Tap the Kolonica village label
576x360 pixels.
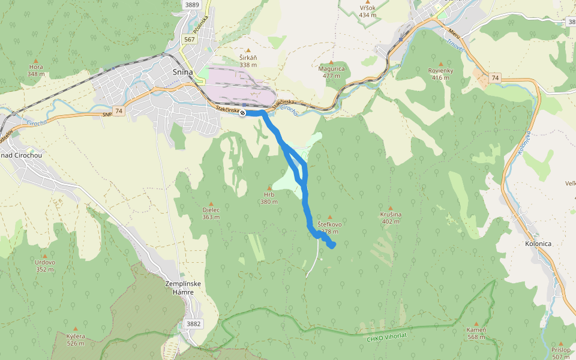tap(538, 244)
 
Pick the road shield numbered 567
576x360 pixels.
tap(190, 39)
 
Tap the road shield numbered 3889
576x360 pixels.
tap(192, 5)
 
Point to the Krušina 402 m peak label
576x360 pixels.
tap(391, 218)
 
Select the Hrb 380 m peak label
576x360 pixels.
tap(269, 198)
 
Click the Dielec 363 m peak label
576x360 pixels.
tap(211, 213)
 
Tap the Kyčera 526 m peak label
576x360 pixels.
tap(76, 340)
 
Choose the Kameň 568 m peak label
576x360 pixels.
tap(476, 334)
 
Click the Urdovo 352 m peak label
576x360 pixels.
tap(45, 265)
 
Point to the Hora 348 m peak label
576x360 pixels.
tap(36, 71)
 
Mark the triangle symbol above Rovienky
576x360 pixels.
tap(441, 64)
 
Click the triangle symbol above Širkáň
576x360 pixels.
tap(248, 50)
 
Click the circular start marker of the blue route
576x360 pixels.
tap(243, 113)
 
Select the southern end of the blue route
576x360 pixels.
tap(331, 245)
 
